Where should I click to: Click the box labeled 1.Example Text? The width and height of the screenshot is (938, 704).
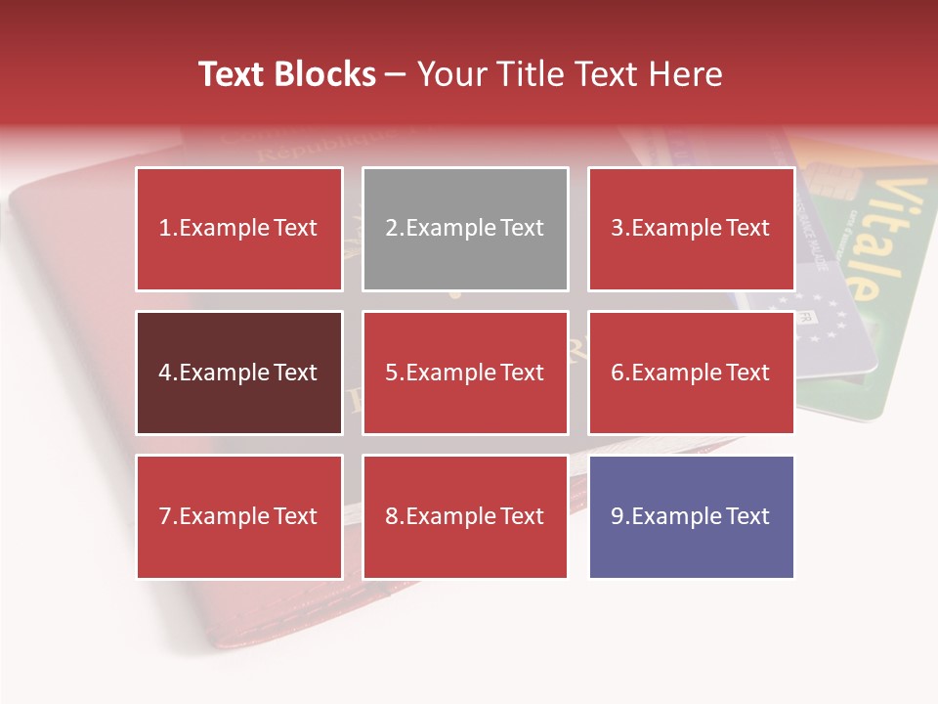239,229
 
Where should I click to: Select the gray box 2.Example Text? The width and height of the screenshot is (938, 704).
465,229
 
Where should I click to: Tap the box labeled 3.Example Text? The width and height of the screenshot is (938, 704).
691,229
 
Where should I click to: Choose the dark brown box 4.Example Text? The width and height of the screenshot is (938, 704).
239,373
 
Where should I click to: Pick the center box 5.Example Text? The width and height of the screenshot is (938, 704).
465,373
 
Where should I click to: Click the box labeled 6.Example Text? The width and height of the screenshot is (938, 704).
691,373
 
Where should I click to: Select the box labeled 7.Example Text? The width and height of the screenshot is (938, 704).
239,516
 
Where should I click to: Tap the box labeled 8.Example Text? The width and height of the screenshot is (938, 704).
465,516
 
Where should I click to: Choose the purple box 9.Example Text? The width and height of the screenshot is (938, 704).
691,516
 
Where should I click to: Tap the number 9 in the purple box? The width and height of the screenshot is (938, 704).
617,517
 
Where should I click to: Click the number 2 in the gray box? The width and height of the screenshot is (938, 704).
391,229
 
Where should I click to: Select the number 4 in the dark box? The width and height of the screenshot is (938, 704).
165,374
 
